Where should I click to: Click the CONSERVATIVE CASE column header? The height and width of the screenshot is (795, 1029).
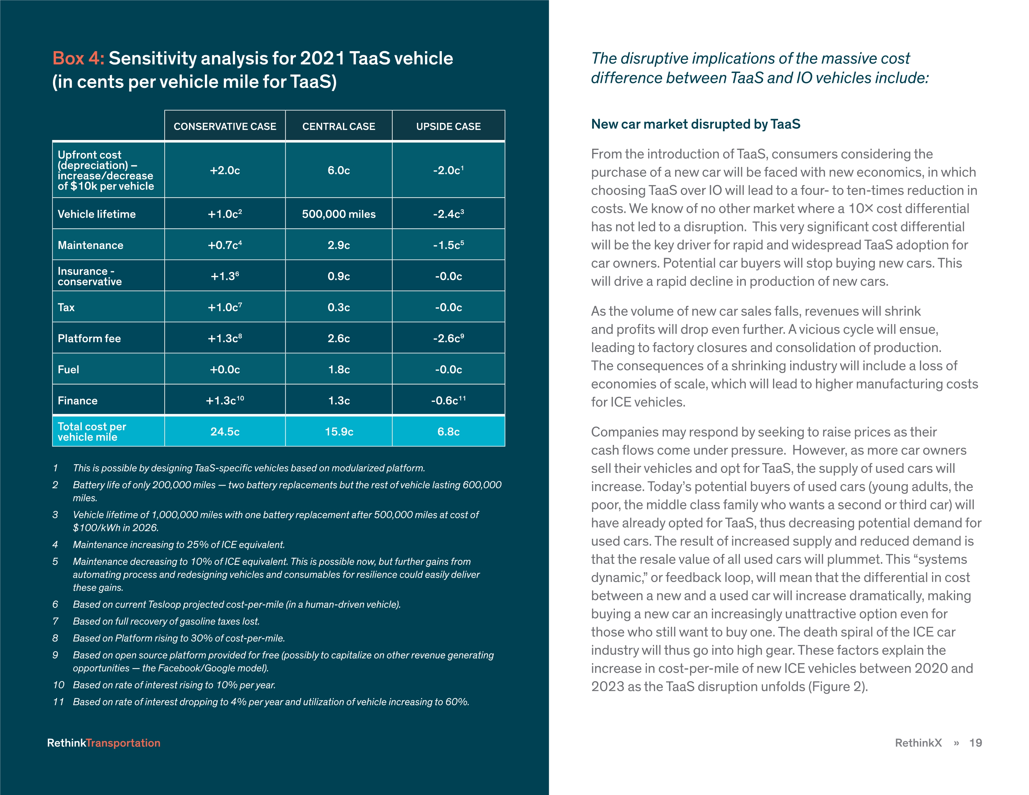pos(225,126)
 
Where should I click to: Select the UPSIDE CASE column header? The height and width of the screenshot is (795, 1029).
pos(448,126)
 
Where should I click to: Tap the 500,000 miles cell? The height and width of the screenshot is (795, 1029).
pos(339,214)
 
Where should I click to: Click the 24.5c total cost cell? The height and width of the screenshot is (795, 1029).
pos(225,431)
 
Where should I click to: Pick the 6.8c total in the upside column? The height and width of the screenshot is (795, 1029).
pos(448,431)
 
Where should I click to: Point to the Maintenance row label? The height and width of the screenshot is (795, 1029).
pos(90,245)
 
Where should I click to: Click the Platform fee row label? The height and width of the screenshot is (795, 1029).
pos(89,339)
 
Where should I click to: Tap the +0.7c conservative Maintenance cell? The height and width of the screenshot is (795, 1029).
pos(225,245)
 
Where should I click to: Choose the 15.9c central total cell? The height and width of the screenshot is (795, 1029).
pos(339,431)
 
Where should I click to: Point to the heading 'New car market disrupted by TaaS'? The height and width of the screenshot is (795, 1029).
pos(695,124)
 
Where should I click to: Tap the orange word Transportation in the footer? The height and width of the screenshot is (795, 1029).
pos(123,743)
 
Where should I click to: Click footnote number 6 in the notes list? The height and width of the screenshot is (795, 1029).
pos(55,604)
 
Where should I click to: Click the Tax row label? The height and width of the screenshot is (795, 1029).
pos(66,307)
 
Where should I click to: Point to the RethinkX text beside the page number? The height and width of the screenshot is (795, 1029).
pos(918,743)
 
